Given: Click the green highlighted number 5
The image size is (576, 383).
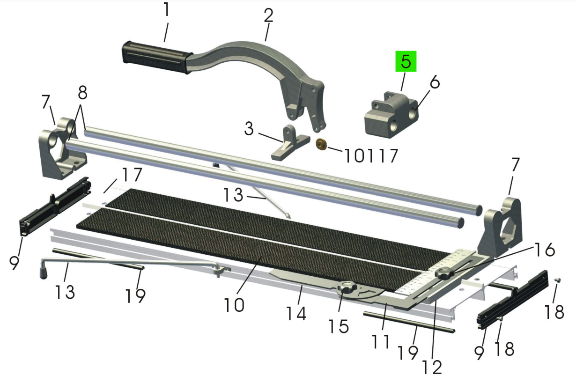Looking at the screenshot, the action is [x=406, y=61].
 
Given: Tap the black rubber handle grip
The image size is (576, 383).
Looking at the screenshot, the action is [x=157, y=57].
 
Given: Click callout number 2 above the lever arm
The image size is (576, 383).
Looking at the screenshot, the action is [x=268, y=15].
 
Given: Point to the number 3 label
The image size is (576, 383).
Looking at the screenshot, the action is [x=249, y=128].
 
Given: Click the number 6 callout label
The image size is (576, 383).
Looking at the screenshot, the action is [x=435, y=82].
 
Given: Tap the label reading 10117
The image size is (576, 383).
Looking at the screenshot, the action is [x=371, y=156].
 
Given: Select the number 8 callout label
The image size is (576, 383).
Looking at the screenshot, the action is [x=82, y=93].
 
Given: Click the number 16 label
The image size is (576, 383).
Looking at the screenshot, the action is [x=544, y=250].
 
